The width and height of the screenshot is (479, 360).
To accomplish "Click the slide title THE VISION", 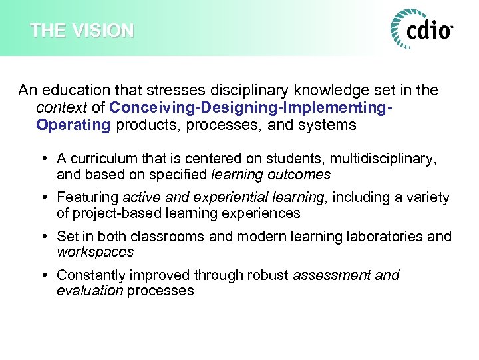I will point(82,31).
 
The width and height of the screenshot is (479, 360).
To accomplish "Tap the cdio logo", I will point(422,29).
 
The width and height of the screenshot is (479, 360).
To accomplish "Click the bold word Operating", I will point(73,125).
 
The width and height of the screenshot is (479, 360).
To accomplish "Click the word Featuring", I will point(87,197).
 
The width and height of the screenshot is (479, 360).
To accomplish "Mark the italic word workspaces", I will point(95,252).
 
